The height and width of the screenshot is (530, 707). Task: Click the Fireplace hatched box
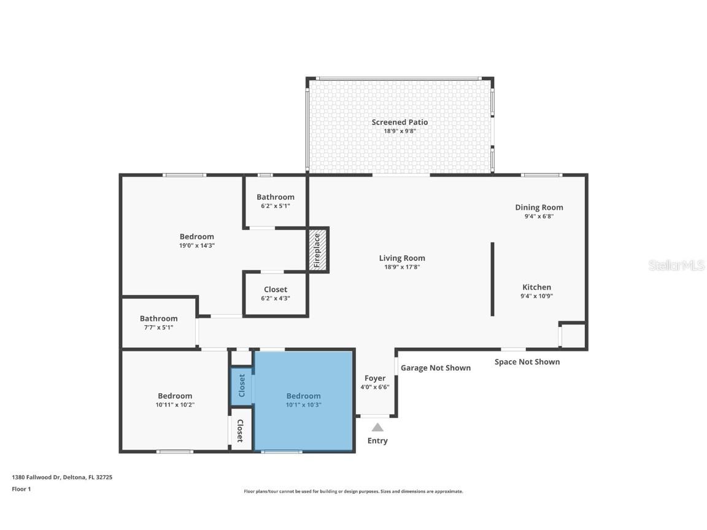(318, 250)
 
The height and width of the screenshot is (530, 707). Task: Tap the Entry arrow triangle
(377, 428)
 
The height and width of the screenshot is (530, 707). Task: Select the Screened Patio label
(400, 123)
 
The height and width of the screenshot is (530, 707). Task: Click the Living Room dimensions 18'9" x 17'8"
(402, 267)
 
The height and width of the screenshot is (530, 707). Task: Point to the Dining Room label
(539, 207)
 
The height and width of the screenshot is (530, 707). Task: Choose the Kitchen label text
(536, 287)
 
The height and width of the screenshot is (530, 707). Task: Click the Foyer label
(375, 378)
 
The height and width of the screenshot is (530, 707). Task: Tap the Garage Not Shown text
(436, 368)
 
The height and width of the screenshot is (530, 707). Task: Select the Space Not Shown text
(527, 362)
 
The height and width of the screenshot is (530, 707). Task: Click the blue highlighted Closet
(241, 386)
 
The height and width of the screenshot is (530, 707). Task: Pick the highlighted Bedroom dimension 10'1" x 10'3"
(303, 405)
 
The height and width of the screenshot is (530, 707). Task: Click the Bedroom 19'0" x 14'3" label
(197, 237)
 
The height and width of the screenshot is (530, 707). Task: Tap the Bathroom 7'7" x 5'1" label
(158, 318)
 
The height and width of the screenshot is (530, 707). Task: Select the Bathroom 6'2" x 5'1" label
(276, 197)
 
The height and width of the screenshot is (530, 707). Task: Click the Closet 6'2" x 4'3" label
(276, 290)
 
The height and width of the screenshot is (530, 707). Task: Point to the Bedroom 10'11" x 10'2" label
(175, 396)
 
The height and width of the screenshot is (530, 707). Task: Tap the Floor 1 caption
(21, 489)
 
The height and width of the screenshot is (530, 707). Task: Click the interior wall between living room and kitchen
(492, 279)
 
